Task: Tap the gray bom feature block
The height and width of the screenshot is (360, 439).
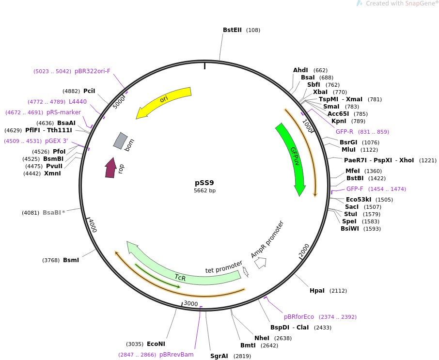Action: click(120, 141)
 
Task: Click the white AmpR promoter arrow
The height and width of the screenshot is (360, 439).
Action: click(261, 263)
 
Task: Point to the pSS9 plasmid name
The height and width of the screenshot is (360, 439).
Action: click(204, 183)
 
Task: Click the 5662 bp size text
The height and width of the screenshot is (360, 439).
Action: click(204, 190)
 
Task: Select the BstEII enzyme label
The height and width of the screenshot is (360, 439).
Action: click(232, 30)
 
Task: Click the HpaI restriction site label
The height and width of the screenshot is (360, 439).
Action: click(317, 291)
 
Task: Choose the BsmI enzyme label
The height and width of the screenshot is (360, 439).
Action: click(71, 260)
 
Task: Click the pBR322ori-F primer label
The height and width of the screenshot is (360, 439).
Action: click(93, 71)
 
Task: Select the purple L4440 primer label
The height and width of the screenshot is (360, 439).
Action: click(78, 102)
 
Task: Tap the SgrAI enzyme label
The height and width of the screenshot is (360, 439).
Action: click(219, 356)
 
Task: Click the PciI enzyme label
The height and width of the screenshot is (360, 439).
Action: click(89, 91)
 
